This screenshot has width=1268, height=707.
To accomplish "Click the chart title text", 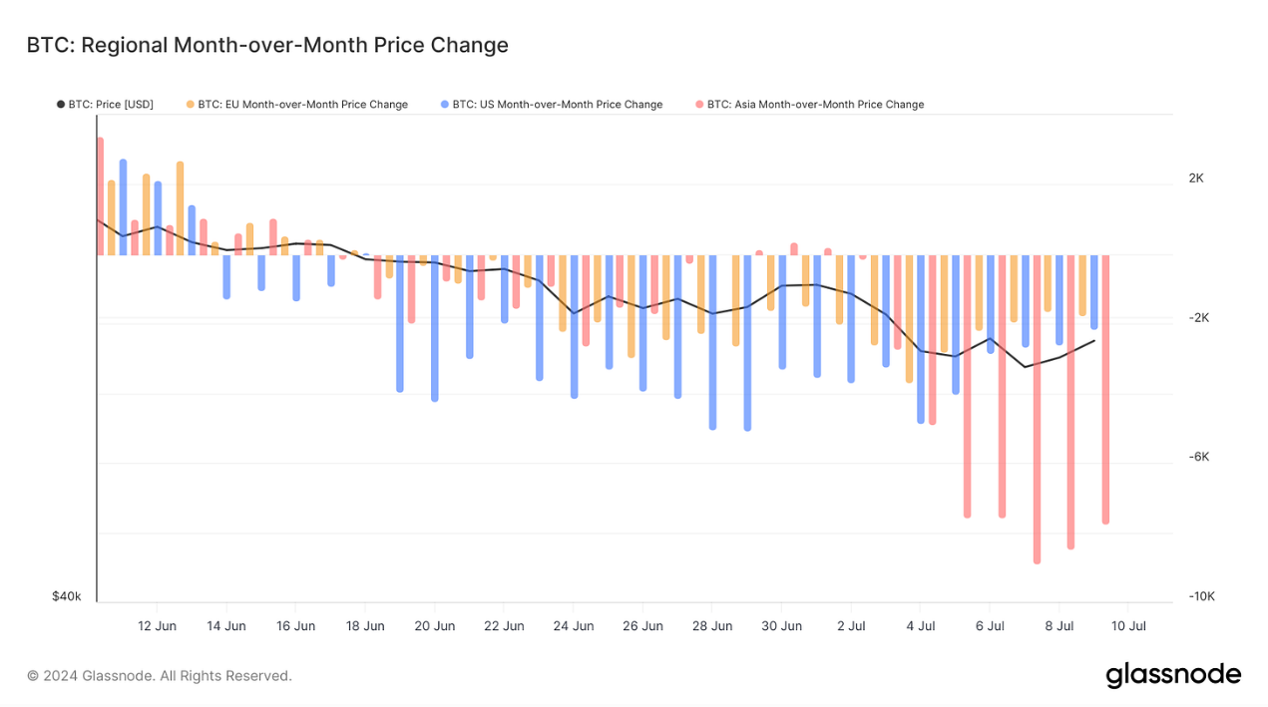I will pyautogui.click(x=267, y=45).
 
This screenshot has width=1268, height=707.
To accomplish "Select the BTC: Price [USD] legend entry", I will pyautogui.click(x=105, y=104).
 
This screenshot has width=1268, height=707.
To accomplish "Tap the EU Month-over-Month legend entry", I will pyautogui.click(x=296, y=104).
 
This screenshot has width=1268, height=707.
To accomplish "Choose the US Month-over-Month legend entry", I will pyautogui.click(x=551, y=104).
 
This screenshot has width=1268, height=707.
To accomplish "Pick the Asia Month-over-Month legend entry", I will pyautogui.click(x=809, y=104).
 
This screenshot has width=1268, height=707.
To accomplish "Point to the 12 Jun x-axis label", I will pyautogui.click(x=157, y=626).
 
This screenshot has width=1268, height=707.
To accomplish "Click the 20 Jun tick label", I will pyautogui.click(x=434, y=626).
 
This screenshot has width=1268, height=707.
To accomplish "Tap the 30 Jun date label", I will pyautogui.click(x=781, y=626).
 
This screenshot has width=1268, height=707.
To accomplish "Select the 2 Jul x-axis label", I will pyautogui.click(x=851, y=626).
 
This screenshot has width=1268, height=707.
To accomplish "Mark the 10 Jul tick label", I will pyautogui.click(x=1128, y=626).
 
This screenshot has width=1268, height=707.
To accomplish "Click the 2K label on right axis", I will pyautogui.click(x=1196, y=178).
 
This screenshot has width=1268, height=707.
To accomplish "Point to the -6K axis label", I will pyautogui.click(x=1199, y=457).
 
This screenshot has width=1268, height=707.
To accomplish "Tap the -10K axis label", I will pyautogui.click(x=1201, y=596).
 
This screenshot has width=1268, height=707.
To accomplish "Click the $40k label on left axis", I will pyautogui.click(x=67, y=596).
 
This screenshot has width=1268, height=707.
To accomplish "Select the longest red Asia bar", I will pyautogui.click(x=1037, y=409).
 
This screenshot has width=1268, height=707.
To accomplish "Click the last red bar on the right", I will pyautogui.click(x=1105, y=389).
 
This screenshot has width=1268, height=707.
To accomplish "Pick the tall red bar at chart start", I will pyautogui.click(x=100, y=195).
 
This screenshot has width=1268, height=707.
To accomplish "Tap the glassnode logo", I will pyautogui.click(x=1173, y=675).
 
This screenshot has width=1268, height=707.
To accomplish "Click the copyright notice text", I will pyautogui.click(x=160, y=676).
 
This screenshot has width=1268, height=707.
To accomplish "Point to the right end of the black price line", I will pyautogui.click(x=1094, y=341).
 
